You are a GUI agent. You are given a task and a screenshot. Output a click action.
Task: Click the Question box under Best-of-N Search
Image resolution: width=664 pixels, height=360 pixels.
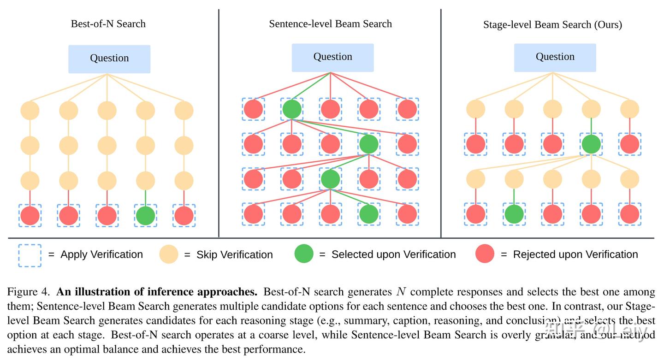(x=109, y=59)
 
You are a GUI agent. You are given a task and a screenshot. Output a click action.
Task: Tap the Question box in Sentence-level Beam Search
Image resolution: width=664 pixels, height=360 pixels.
(x=332, y=57)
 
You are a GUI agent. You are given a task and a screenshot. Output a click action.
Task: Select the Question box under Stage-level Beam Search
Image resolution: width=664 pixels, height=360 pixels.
(x=555, y=57)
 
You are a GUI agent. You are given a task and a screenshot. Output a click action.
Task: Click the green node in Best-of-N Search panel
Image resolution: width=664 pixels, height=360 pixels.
(x=145, y=216)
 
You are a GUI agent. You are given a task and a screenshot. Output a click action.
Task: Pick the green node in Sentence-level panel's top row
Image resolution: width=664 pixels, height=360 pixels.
(x=291, y=109)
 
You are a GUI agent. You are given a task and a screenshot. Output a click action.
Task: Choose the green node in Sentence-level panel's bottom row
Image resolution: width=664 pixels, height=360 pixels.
(x=368, y=214)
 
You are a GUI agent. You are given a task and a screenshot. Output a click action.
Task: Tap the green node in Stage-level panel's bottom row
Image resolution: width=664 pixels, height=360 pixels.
(x=514, y=214)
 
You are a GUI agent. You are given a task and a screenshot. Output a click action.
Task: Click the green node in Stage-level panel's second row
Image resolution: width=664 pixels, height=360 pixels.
(x=591, y=144)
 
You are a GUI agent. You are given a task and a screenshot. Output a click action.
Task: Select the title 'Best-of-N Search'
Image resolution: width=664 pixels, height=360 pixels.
(x=108, y=24)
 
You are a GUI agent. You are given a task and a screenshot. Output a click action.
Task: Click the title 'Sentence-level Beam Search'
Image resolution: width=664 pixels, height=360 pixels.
(x=330, y=24)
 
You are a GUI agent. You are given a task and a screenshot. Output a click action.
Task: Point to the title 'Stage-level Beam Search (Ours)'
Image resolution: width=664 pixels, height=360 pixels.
(x=552, y=25)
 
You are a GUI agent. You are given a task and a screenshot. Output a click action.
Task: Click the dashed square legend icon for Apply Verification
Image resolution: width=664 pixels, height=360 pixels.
(x=30, y=255)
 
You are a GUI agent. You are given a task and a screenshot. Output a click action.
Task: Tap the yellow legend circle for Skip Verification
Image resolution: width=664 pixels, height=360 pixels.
(x=168, y=254)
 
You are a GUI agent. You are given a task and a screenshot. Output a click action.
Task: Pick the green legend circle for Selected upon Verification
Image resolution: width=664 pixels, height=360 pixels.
(x=303, y=254)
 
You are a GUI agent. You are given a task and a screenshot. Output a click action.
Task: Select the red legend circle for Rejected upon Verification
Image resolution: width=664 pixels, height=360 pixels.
(x=485, y=254)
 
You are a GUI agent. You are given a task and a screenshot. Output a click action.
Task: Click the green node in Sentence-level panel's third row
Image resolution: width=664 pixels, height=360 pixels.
(x=330, y=179)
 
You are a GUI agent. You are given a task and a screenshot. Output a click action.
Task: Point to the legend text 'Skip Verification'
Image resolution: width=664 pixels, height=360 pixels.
(x=234, y=255)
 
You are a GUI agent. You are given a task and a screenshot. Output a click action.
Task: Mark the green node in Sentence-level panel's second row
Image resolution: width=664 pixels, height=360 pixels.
(x=368, y=144)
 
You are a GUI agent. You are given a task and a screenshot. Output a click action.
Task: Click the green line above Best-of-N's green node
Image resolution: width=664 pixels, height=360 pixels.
(x=145, y=197)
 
